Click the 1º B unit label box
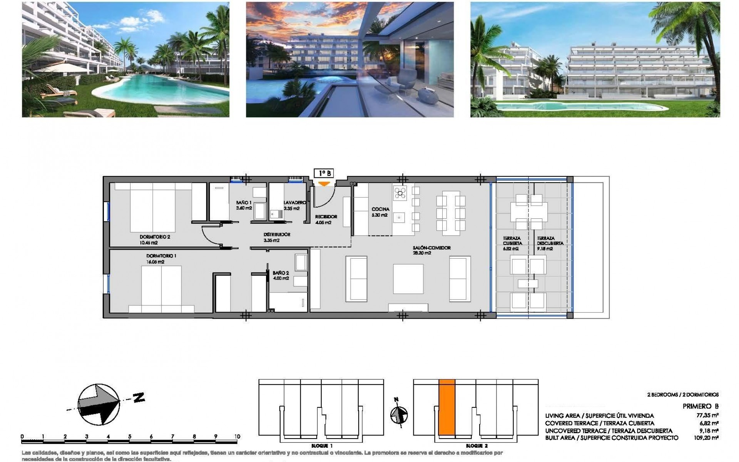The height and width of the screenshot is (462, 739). [323, 174]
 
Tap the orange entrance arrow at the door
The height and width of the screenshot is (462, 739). [325, 184]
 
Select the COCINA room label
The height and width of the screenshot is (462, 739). [380, 209]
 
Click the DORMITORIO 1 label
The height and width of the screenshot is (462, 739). [161, 256]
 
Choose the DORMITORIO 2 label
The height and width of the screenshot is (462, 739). [155, 237]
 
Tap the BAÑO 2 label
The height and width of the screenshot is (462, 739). [281, 273]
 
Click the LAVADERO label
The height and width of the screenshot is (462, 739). [294, 203]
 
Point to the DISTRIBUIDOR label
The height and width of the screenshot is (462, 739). [277, 234]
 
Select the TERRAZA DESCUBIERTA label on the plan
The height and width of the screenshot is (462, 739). [550, 241]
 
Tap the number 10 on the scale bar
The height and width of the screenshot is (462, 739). [237, 437]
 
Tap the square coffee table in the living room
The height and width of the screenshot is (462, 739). [408, 279]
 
